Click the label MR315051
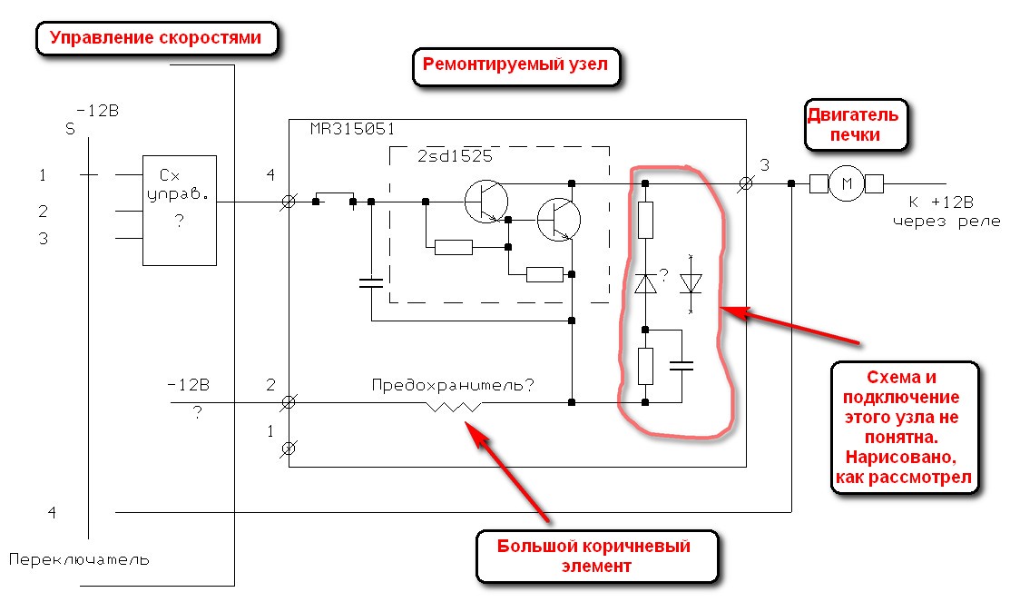tap(353, 130)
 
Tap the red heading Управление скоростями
tap(155, 38)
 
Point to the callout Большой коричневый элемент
tap(594, 556)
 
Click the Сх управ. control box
tap(179, 210)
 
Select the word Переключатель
tap(80, 559)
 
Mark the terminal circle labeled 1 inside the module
tap(289, 448)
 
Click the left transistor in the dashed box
tap(482, 202)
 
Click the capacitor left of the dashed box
tap(371, 282)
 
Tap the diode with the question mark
tap(645, 284)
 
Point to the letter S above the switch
tap(70, 129)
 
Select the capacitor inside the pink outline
tap(681, 366)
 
